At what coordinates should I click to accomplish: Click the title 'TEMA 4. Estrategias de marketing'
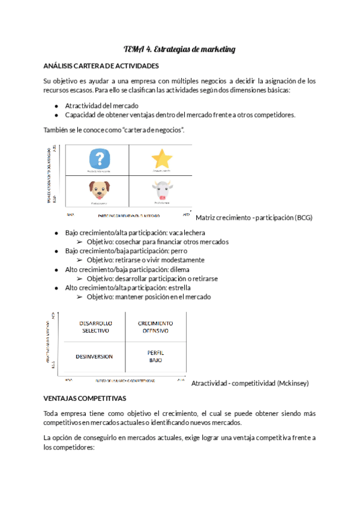pos(179,49)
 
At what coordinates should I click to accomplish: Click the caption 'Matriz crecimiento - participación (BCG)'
pos(254,217)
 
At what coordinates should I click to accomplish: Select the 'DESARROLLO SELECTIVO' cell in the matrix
pos(95,327)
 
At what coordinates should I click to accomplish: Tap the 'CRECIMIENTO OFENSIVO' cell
pos(155,327)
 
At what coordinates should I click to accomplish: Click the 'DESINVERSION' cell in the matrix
pos(94,356)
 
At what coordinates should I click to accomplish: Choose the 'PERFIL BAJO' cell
pos(155,355)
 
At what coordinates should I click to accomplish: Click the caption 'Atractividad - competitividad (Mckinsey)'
pos(249,383)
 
